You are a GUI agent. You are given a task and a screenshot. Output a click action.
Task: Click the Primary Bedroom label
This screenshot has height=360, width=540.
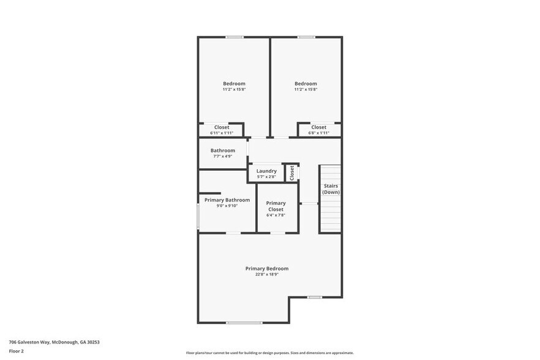266,268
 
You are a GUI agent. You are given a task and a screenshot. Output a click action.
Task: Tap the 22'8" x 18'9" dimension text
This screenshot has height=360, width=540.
266,274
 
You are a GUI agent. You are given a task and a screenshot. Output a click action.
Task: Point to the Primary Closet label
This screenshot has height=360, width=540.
276,206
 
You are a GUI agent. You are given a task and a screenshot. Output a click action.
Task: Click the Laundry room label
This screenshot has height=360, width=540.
266,171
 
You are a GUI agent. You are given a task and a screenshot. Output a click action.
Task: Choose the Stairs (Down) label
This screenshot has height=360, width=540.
331,189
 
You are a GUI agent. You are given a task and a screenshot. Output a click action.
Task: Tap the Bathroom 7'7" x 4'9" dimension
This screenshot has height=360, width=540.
223,156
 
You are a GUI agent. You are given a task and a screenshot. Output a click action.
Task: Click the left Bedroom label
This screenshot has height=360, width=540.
234,83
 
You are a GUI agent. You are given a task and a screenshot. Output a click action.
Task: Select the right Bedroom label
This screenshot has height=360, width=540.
306,83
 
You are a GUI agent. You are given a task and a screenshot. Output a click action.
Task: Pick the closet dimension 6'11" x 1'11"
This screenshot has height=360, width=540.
222,133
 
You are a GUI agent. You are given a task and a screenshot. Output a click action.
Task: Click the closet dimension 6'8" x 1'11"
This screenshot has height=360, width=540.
318,133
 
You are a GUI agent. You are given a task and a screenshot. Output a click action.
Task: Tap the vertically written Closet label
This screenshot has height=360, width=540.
292,173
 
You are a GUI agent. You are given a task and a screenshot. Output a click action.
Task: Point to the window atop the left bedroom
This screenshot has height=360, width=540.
234,37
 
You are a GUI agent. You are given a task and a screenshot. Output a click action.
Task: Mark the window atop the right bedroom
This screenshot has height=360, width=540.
306,37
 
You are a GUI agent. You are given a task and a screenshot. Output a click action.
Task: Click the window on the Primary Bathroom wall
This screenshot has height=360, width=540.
198,217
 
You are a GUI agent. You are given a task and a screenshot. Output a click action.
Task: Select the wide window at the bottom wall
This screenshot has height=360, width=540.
244,323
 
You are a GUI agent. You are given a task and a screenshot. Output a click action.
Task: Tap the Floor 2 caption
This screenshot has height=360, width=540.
16,351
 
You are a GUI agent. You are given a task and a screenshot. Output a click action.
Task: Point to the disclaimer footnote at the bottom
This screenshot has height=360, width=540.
269,353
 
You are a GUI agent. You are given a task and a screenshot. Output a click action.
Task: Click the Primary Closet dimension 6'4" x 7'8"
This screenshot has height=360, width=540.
276,216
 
